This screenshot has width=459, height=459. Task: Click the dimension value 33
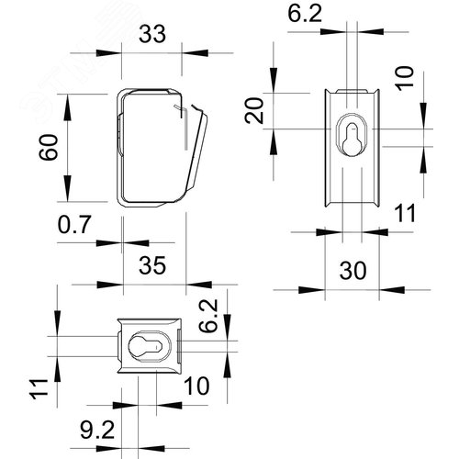coord(152,34)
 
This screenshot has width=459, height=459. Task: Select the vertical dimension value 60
coord(49,147)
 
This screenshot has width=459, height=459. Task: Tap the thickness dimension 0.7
coord(74,224)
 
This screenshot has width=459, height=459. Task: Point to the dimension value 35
coord(152,265)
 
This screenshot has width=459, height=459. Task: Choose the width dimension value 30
coord(353,271)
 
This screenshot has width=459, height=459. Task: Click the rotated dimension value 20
coord(254,110)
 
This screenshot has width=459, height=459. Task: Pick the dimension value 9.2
coord(97,430)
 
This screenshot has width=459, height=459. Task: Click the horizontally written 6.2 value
coord(305,14)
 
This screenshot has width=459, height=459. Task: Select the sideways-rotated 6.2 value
coord(208,316)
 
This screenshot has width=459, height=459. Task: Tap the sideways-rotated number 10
coord(405,78)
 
